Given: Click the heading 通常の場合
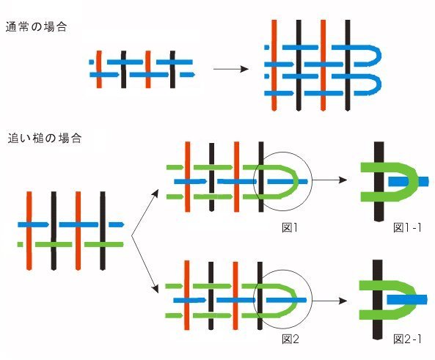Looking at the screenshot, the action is point(37,27).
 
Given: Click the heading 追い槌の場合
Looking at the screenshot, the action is point(45,138).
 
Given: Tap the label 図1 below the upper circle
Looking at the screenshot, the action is point(290,228).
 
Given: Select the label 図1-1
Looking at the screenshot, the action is point(407,228).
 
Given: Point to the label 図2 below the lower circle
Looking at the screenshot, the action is point(290,339).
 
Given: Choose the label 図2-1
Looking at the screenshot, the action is point(407,339).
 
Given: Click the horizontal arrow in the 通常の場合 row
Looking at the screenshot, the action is point(231,69).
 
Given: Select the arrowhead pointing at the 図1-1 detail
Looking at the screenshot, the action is point(343,180).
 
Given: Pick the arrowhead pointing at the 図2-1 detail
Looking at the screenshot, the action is point(343,301).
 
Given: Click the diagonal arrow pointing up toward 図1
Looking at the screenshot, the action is point(145,213).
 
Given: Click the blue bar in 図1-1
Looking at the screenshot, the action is point(409,182).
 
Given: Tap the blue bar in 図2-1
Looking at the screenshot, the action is point(407,300).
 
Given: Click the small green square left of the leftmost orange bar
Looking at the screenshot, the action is point(20,244).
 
